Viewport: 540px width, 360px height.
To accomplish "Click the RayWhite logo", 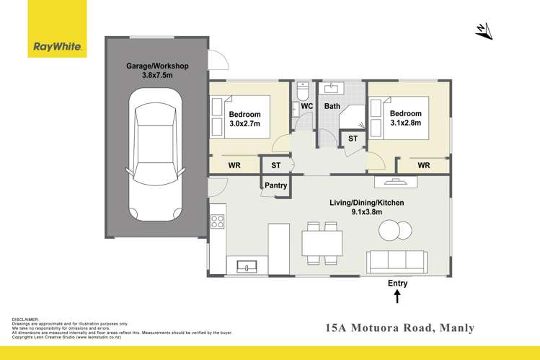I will point(58,48).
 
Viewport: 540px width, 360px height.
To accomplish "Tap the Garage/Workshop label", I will point(157,66).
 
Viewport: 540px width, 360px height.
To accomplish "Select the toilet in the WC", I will point(304,93).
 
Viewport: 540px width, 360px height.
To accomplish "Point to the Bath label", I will point(332,107).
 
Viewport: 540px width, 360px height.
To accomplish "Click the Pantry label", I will point(275,185).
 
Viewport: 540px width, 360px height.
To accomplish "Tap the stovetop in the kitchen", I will point(217,221).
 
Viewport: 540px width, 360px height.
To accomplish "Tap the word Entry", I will point(397,283).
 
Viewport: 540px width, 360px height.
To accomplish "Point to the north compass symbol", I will point(484,31).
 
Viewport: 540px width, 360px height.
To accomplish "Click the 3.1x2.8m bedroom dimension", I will point(405,123).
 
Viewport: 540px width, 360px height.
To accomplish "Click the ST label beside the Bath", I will point(353,139).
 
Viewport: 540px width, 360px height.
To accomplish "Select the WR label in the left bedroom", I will point(234,166).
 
